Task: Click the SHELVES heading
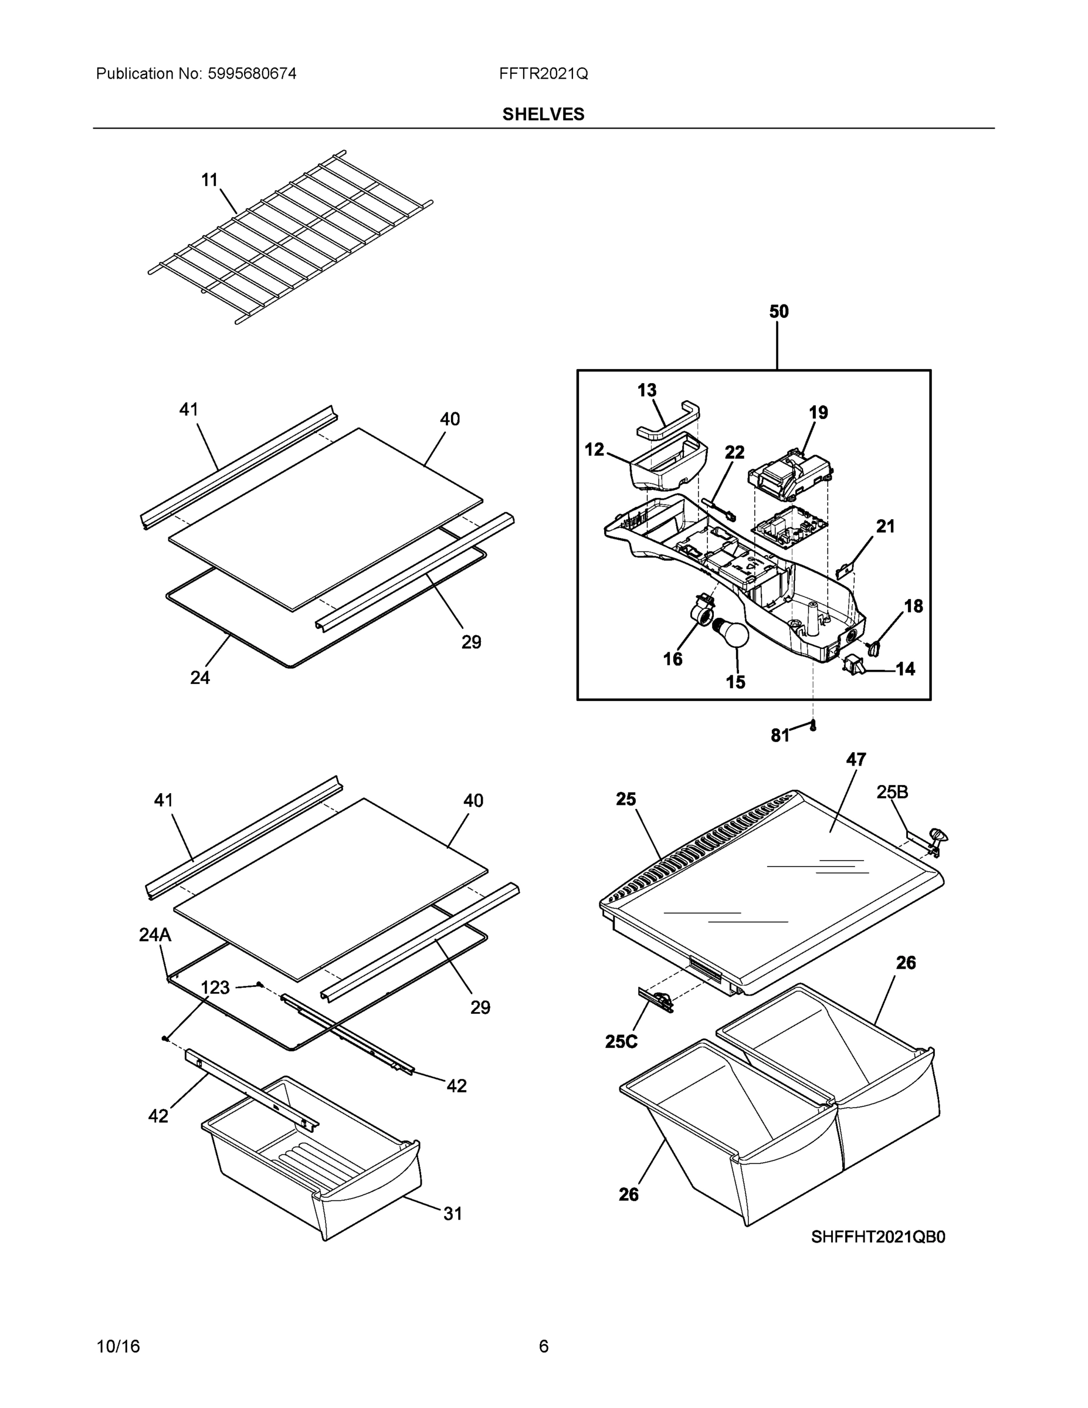point(543,114)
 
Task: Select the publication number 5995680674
point(252,73)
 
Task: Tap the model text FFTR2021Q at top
point(543,73)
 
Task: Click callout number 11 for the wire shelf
point(209,180)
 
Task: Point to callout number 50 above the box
point(779,312)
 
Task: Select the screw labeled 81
point(814,726)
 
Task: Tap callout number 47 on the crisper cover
point(855,760)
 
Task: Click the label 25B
point(892,793)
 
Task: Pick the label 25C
point(621,1041)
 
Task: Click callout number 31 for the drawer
point(452,1213)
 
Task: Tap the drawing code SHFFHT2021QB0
point(878,1237)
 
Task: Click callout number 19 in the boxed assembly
point(818,412)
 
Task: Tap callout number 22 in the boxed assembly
point(734,452)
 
